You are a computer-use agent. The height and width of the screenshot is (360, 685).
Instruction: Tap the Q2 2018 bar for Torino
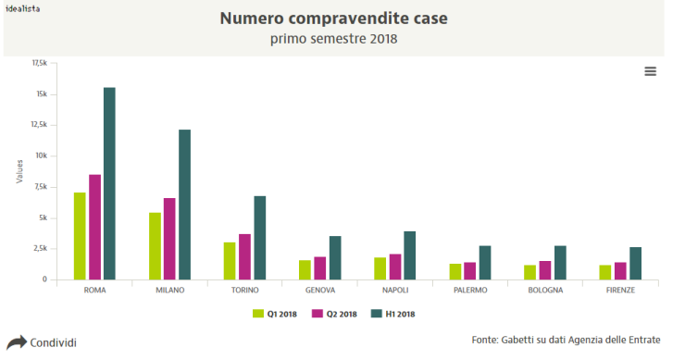pyautogui.click(x=244, y=256)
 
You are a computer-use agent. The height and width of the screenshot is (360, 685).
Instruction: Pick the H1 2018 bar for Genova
pyautogui.click(x=335, y=257)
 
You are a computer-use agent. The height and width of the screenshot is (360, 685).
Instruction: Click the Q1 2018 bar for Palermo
pyautogui.click(x=455, y=271)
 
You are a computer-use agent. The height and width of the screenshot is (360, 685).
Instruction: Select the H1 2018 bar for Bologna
pyautogui.click(x=560, y=262)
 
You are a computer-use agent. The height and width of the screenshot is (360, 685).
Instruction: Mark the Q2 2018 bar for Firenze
pyautogui.click(x=620, y=270)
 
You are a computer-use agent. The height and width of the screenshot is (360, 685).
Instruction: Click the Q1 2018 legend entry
pyautogui.click(x=276, y=314)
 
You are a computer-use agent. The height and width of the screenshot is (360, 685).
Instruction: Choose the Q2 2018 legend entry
pyautogui.click(x=334, y=314)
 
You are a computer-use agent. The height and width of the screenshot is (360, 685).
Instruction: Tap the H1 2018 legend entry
pyautogui.click(x=393, y=314)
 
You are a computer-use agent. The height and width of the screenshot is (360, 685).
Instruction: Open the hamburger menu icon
pyautogui.click(x=650, y=71)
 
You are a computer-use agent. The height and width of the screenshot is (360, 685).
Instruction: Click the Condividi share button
pyautogui.click(x=42, y=342)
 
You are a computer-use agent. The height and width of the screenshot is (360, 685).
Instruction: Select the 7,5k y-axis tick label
pyautogui.click(x=39, y=187)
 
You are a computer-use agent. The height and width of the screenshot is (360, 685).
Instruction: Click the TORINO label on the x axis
pyautogui.click(x=245, y=290)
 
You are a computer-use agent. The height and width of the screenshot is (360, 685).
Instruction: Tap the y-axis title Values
pyautogui.click(x=19, y=170)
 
